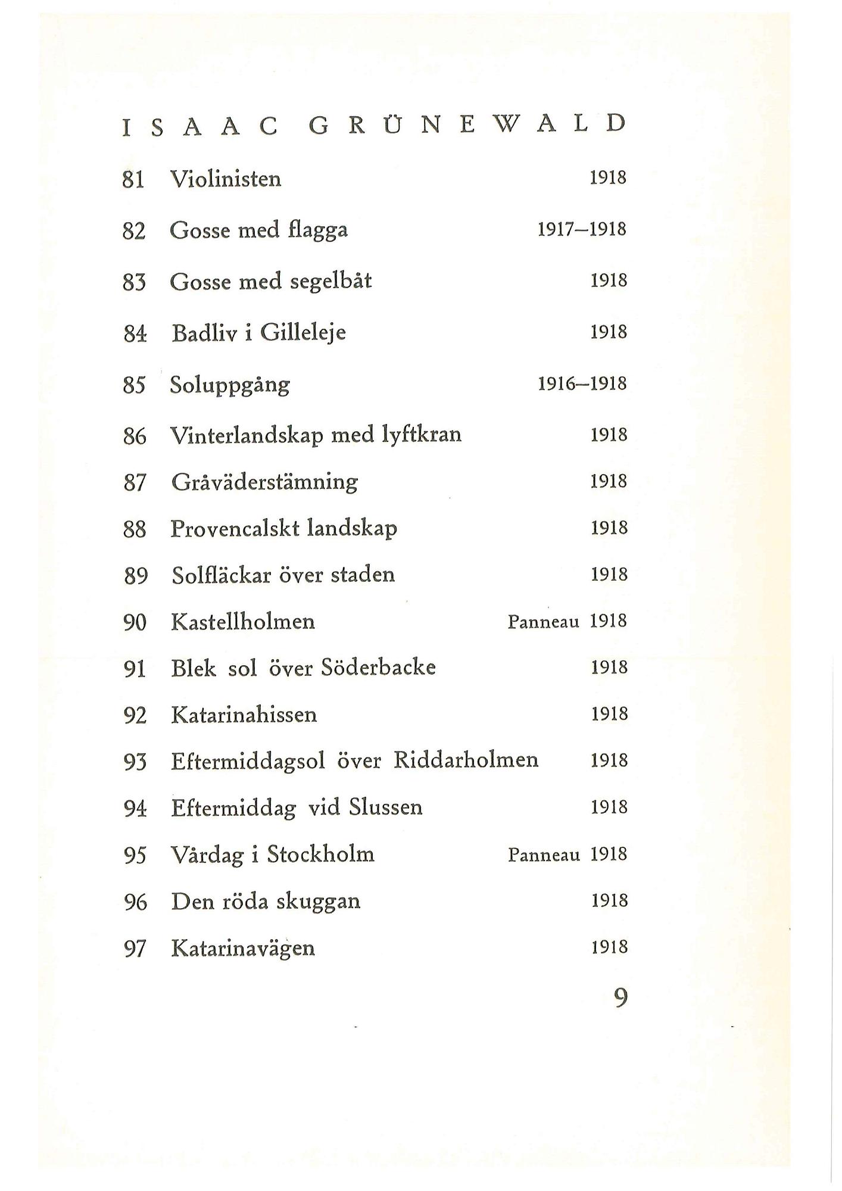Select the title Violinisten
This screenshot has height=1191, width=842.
226,179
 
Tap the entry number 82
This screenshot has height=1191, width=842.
134,230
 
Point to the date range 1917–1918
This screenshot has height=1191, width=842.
582,229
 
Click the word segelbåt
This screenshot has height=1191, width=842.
330,281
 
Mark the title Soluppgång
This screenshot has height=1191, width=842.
230,385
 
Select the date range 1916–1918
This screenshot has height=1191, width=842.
582,384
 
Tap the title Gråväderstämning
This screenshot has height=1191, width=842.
264,482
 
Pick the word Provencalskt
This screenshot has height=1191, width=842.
235,529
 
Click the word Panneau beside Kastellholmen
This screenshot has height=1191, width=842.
543,622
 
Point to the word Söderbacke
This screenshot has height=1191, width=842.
378,668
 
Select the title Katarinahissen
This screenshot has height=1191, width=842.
244,715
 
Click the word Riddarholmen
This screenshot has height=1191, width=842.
466,760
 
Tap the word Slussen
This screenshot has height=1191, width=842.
385,807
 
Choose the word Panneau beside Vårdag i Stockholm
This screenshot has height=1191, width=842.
543,855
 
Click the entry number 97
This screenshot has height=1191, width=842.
135,949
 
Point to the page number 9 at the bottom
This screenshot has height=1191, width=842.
620,997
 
